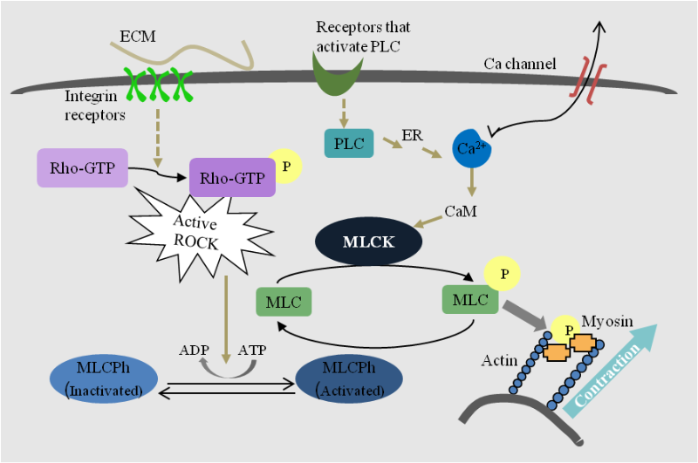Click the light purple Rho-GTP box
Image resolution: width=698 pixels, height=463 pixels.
[x=83, y=167]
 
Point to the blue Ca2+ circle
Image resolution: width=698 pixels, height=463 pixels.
[x=471, y=147]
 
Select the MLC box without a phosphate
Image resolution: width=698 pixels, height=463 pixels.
[x=284, y=302]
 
